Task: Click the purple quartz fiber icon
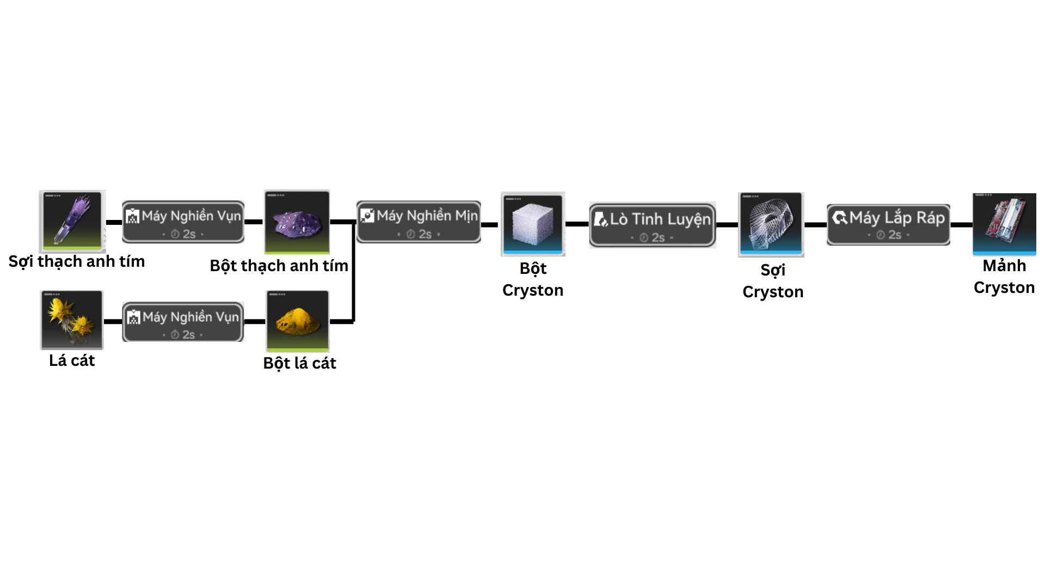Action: pos(72,221)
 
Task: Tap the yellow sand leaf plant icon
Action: pos(72,320)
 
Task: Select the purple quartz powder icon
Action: pos(297,222)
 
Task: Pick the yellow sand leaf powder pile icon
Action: pos(297,321)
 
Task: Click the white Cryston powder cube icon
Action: pos(533,224)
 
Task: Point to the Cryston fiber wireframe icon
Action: pos(771,224)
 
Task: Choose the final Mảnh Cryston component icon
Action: pos(1004,223)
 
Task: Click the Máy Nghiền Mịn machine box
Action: pos(419,222)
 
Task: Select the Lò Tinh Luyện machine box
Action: pos(652,225)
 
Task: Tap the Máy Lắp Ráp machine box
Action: pos(888,224)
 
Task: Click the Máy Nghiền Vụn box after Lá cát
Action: pos(183,322)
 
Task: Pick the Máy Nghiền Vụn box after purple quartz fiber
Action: pos(183,221)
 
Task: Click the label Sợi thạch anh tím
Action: pos(77,261)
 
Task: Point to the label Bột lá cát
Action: pos(299,363)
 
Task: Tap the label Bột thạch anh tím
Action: pos(279,266)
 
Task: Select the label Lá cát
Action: pos(72,360)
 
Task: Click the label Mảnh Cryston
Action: pos(1004,277)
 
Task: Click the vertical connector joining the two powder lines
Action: pos(354,272)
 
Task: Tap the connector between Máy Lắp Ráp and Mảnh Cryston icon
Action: pos(961,224)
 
